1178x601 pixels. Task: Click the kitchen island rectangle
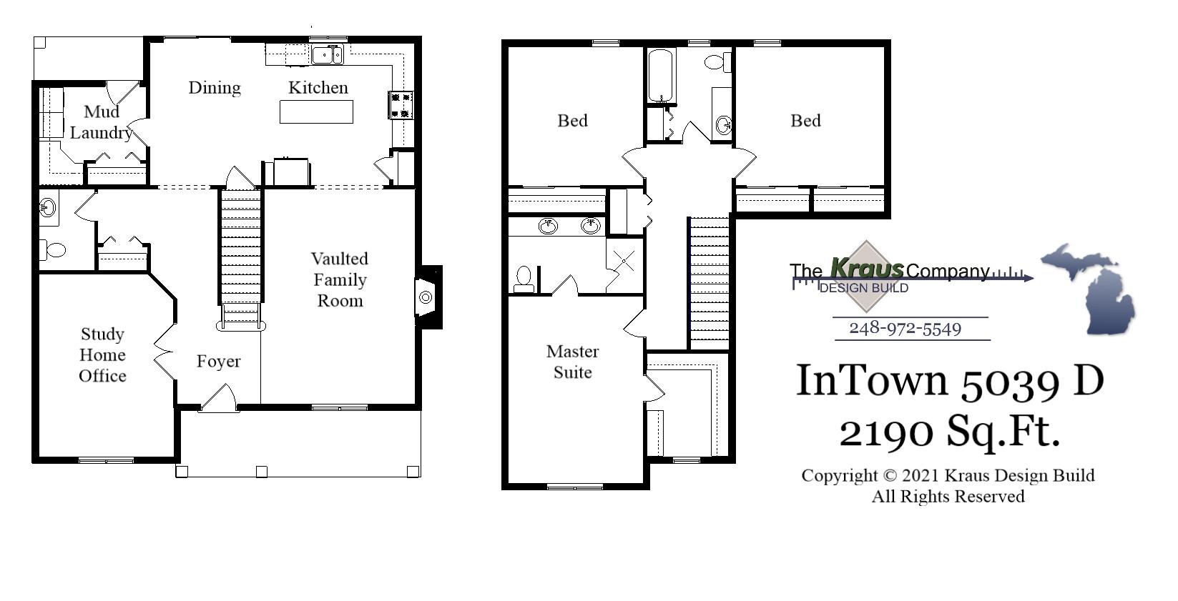pyautogui.click(x=316, y=112)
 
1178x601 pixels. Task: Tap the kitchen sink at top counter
pyautogui.click(x=328, y=54)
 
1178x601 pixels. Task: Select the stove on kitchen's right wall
pyautogui.click(x=401, y=104)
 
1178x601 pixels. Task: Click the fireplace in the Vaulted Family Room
pyautogui.click(x=426, y=297)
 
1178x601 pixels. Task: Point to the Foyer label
pyautogui.click(x=218, y=362)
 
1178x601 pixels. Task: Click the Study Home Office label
pyautogui.click(x=102, y=355)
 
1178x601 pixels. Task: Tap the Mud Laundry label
pyautogui.click(x=101, y=122)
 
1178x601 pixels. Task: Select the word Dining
pyautogui.click(x=214, y=88)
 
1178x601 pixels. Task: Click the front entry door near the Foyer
pyautogui.click(x=219, y=399)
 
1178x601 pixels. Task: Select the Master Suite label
pyautogui.click(x=572, y=362)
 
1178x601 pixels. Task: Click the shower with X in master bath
pyautogui.click(x=624, y=262)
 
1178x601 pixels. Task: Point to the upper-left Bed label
pyautogui.click(x=572, y=121)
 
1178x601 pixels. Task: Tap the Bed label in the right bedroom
pyautogui.click(x=805, y=121)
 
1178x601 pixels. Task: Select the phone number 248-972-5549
pyautogui.click(x=905, y=329)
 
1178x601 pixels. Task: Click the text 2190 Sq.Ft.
pyautogui.click(x=949, y=432)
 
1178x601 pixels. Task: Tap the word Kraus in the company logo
pyautogui.click(x=867, y=269)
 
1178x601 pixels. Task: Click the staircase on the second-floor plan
pyautogui.click(x=710, y=282)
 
